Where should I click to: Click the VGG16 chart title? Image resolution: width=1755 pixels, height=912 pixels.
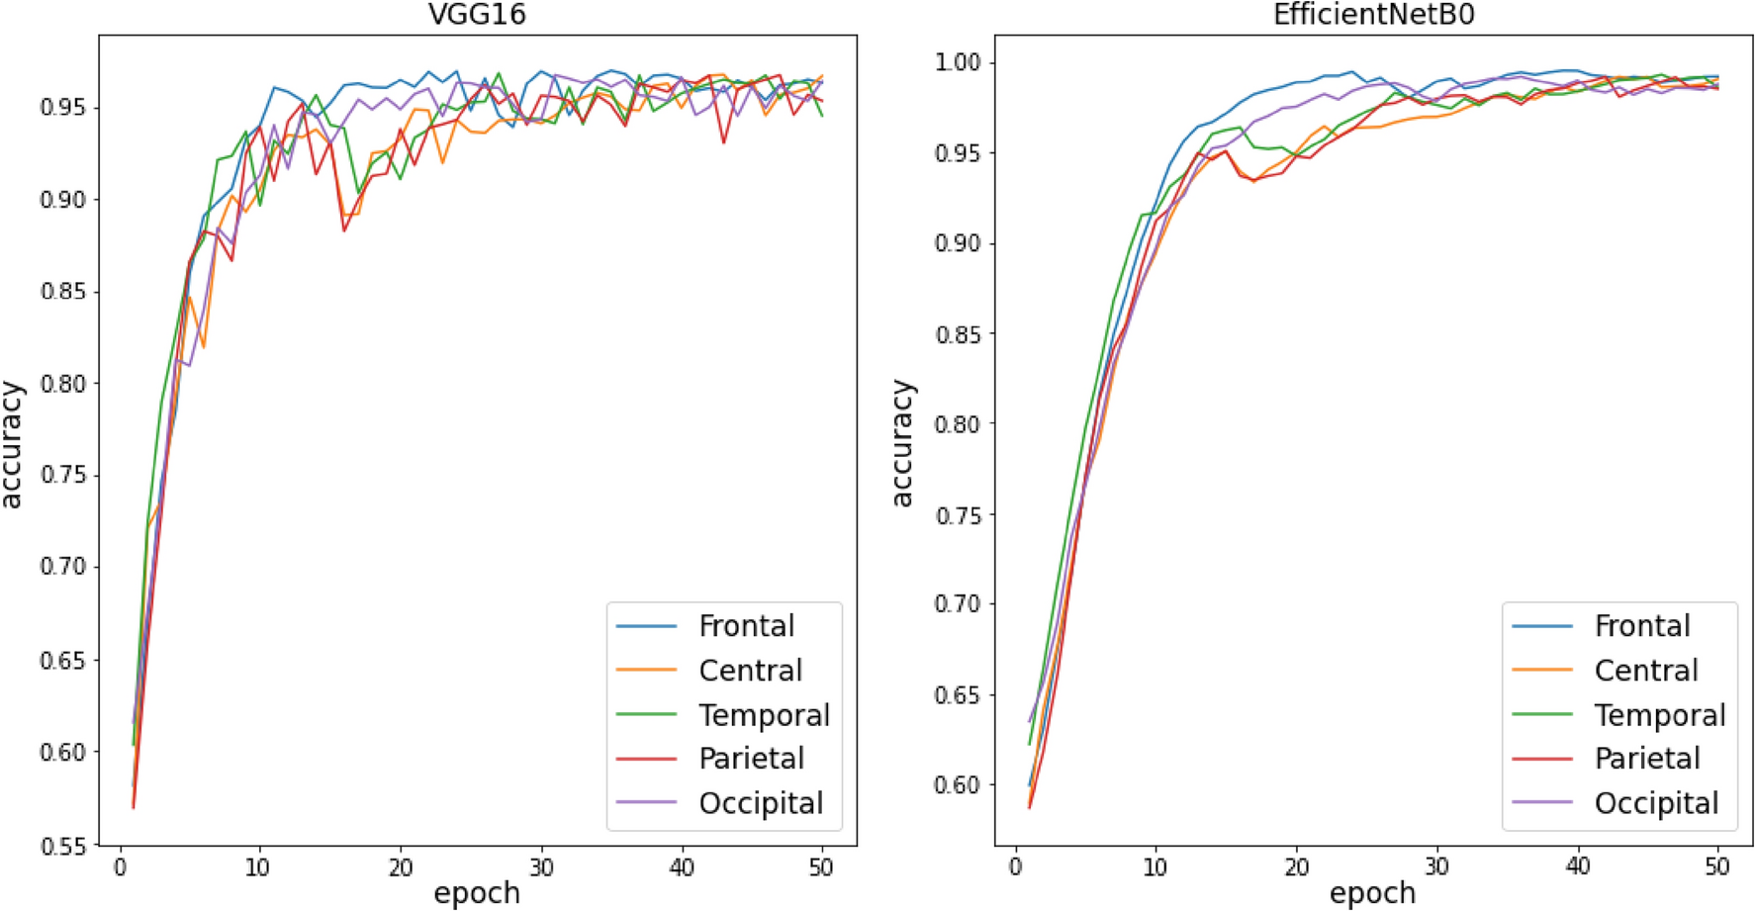[x=477, y=15]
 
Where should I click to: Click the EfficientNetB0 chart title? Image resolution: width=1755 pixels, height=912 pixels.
[x=1373, y=15]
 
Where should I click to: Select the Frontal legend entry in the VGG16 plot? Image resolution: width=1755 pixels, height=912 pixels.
[x=746, y=626]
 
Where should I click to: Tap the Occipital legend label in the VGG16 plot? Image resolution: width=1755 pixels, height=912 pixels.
[x=760, y=803]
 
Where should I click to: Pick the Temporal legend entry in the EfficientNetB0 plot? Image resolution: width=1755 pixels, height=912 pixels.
[x=1659, y=715]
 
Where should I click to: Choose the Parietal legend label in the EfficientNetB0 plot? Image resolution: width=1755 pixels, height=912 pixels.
[x=1647, y=759]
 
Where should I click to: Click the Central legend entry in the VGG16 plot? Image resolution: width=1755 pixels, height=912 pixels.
[x=750, y=671]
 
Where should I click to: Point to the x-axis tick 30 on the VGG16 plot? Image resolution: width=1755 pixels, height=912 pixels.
[x=540, y=867]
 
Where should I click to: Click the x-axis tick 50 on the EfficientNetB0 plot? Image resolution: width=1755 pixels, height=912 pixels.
[x=1717, y=867]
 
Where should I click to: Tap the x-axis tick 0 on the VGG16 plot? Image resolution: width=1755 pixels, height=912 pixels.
[x=120, y=867]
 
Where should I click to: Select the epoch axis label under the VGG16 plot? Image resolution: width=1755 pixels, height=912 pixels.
[x=477, y=893]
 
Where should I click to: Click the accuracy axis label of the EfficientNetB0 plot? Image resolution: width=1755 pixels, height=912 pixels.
[x=902, y=443]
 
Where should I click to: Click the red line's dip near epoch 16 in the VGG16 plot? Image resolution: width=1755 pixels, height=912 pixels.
[x=344, y=230]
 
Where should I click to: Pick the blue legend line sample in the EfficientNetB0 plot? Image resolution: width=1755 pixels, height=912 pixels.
[x=1541, y=626]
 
